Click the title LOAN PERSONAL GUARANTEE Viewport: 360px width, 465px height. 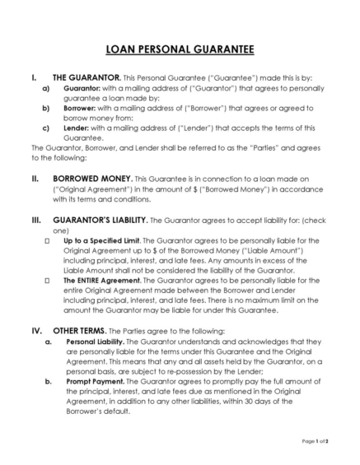(x=180, y=49)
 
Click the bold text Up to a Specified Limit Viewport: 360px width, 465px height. (x=99, y=241)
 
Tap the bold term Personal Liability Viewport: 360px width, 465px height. (x=96, y=341)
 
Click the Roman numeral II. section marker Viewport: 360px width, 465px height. (x=35, y=178)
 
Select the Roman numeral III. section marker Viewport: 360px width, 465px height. (x=36, y=221)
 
